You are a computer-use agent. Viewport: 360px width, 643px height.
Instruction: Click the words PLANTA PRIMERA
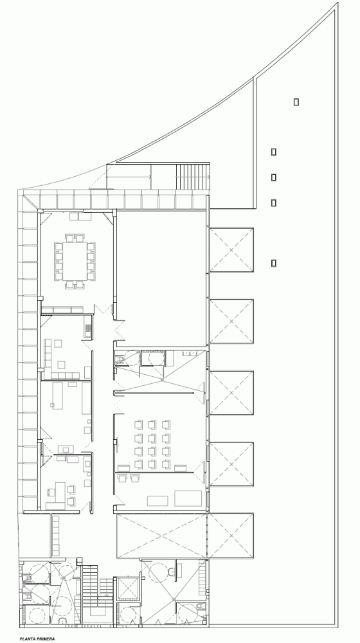(x=37, y=638)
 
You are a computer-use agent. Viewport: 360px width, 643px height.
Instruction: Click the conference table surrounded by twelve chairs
(x=75, y=261)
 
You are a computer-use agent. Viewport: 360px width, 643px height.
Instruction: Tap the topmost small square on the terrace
(x=296, y=102)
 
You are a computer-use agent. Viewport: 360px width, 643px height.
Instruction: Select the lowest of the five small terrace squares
(x=273, y=263)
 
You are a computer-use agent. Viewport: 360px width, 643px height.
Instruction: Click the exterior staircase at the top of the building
(x=193, y=177)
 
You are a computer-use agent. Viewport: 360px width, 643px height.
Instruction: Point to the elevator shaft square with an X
(x=127, y=588)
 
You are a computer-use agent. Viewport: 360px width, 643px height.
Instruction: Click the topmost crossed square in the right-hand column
(x=231, y=249)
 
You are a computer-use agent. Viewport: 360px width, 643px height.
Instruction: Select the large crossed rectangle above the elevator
(x=162, y=536)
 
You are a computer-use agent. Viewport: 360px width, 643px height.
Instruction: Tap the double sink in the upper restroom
(x=190, y=352)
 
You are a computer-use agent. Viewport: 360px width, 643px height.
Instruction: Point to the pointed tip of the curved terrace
(x=337, y=3)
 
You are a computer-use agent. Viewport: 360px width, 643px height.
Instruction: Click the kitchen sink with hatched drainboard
(x=87, y=327)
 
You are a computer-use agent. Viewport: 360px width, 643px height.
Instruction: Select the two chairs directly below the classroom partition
(x=129, y=478)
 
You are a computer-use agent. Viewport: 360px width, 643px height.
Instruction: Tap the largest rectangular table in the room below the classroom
(x=188, y=498)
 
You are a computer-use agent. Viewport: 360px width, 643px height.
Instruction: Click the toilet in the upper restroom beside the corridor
(x=120, y=359)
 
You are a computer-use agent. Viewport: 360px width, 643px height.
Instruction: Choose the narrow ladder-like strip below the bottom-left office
(x=55, y=536)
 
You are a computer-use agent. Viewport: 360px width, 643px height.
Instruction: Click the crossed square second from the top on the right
(x=231, y=321)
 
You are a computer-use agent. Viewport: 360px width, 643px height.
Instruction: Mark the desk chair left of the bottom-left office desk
(x=51, y=492)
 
